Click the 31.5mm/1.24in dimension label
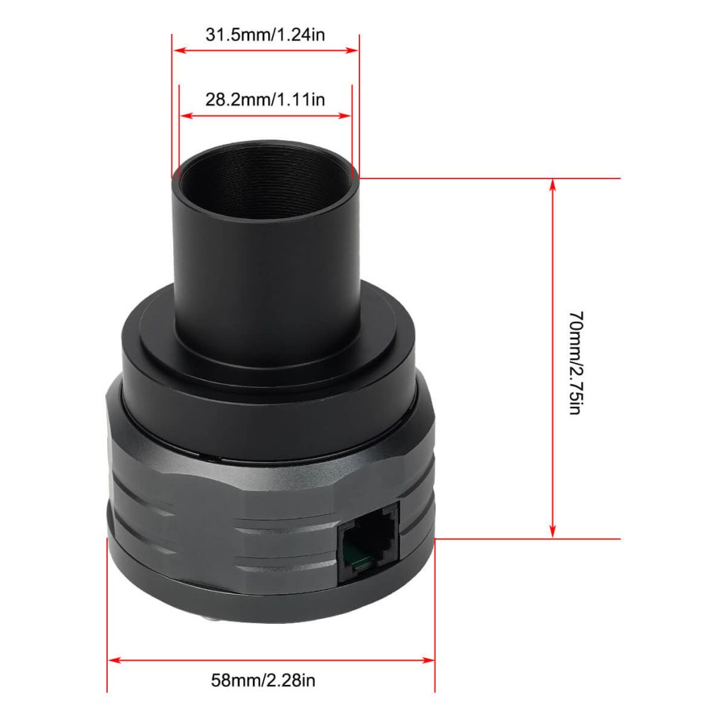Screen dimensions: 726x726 coord(265,35)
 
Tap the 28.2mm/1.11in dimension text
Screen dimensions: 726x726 coord(265,99)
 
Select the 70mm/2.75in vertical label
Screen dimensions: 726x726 coord(576,362)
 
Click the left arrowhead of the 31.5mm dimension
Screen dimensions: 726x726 coord(179,50)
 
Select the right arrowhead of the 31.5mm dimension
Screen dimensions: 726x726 coord(352,50)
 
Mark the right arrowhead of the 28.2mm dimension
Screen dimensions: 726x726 coord(345,116)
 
